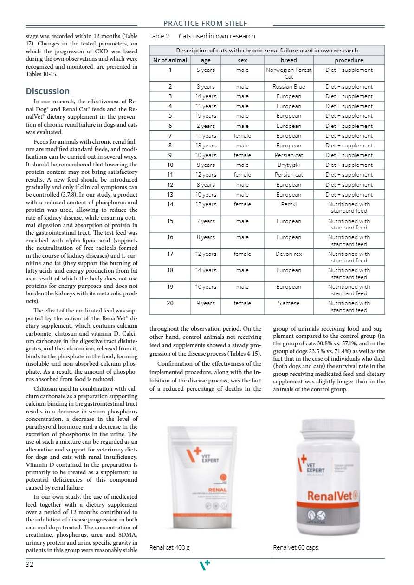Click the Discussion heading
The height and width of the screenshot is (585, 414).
[x=48, y=91]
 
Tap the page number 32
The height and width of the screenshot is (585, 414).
[x=31, y=565]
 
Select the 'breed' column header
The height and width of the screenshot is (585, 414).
[x=289, y=60]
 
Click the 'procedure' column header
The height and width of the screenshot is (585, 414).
[x=349, y=60]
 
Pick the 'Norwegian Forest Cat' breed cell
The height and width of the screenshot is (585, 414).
[x=289, y=73]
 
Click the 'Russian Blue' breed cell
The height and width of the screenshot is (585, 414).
[x=289, y=87]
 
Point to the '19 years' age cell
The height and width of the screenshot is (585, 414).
[x=205, y=116]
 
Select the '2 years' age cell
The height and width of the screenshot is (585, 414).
[x=205, y=126]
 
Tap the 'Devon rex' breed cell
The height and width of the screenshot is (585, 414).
[x=289, y=254]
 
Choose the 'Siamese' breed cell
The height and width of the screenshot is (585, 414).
[x=289, y=303]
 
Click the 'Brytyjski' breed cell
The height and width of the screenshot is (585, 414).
[x=289, y=165]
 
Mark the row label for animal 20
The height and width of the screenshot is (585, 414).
[x=170, y=303]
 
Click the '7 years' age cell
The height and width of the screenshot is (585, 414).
[x=205, y=221]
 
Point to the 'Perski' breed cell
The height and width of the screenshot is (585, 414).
[x=289, y=204]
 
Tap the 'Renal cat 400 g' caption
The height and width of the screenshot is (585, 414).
[x=169, y=547]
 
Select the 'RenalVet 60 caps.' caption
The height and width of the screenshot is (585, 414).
[x=296, y=547]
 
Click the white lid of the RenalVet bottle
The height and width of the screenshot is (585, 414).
[x=329, y=431]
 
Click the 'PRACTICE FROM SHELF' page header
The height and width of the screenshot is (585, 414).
[x=205, y=24]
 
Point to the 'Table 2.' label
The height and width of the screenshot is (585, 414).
[x=159, y=36]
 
